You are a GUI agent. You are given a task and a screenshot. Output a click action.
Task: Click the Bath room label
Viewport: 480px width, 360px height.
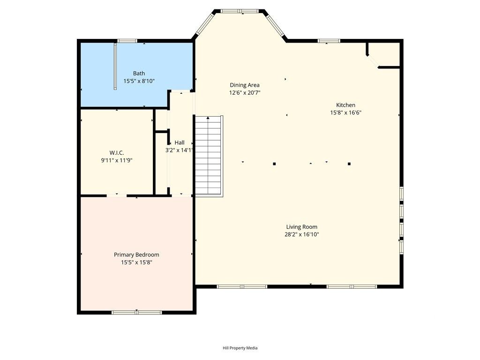click(x=139, y=74)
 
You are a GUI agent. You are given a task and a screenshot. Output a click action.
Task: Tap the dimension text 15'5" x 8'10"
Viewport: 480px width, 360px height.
click(x=139, y=81)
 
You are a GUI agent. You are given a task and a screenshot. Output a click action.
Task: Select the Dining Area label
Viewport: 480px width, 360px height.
click(x=245, y=85)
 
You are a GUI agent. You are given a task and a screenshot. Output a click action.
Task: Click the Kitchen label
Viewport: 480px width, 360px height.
click(x=345, y=105)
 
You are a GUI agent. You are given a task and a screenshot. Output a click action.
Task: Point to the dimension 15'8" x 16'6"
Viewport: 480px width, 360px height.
click(x=345, y=112)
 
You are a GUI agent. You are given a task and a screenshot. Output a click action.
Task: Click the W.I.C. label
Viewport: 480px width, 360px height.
click(x=117, y=153)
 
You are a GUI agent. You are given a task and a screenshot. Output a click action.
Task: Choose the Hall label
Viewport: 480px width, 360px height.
click(x=180, y=142)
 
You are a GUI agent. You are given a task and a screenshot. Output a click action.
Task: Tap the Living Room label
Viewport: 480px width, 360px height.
click(x=301, y=227)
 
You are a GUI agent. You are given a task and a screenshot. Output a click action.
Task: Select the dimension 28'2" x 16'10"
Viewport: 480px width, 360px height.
click(x=301, y=234)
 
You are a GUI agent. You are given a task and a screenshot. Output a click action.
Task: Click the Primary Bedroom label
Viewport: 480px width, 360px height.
click(x=136, y=255)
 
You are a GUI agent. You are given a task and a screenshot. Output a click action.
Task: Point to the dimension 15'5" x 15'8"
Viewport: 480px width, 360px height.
click(x=136, y=262)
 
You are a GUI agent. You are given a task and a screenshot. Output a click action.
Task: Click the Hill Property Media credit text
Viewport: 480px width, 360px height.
click(x=240, y=348)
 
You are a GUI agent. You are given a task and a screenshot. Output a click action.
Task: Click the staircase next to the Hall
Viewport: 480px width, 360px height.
click(x=209, y=155)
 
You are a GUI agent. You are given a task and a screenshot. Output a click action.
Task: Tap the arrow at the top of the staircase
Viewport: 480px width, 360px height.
click(x=208, y=118)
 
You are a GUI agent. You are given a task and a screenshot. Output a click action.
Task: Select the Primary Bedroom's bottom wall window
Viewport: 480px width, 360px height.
click(x=136, y=313)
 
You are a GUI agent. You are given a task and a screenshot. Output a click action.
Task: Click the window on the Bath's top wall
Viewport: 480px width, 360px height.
click(x=127, y=41)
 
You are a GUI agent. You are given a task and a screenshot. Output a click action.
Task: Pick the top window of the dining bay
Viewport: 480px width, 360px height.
click(x=240, y=11)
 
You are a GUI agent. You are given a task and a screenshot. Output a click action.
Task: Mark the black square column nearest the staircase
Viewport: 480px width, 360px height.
click(x=274, y=164)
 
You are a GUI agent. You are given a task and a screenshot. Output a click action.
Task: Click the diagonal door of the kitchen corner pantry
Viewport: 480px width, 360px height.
click(x=373, y=60)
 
